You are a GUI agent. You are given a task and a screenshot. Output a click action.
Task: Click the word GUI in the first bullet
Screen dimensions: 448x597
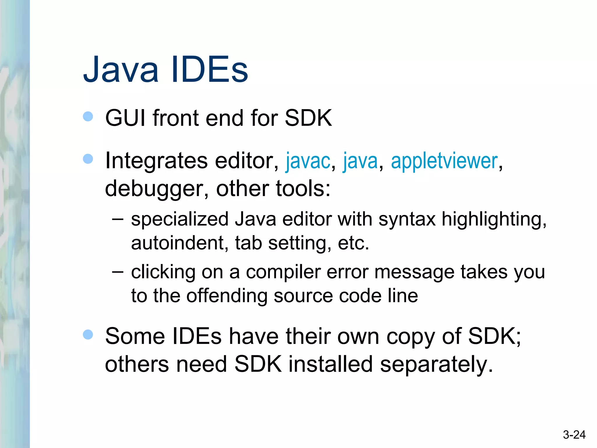(125, 118)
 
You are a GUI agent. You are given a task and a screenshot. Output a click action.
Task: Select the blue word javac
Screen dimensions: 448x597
(308, 161)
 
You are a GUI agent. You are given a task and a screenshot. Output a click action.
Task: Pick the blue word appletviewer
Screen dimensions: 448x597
(444, 161)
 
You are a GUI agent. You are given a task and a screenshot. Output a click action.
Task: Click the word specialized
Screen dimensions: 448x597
(180, 219)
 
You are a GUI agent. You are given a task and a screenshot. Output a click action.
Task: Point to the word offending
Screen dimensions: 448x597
(227, 296)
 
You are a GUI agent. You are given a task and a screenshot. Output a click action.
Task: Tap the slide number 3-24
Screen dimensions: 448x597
(574, 435)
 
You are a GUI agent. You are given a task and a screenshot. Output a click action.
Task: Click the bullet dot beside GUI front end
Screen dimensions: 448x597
(88, 117)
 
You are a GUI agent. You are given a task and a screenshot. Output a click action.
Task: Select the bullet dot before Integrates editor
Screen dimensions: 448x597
(88, 159)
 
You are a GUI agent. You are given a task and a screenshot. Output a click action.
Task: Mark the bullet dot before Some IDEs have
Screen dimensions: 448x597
(88, 335)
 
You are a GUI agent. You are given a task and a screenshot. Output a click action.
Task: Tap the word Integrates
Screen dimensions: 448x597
(156, 161)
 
